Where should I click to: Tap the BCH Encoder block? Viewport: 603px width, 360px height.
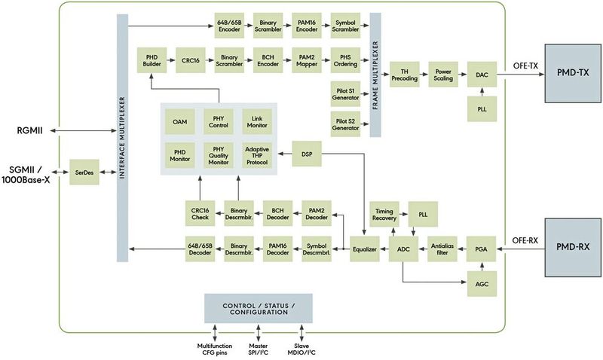267,59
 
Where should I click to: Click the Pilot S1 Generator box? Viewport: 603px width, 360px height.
344,95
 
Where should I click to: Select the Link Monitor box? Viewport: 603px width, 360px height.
257,121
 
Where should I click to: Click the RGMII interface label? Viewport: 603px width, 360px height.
28,129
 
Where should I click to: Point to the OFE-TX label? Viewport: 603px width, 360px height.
525,66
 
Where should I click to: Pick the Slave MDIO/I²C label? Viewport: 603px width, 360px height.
302,347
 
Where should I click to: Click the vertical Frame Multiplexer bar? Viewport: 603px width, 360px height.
375,75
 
